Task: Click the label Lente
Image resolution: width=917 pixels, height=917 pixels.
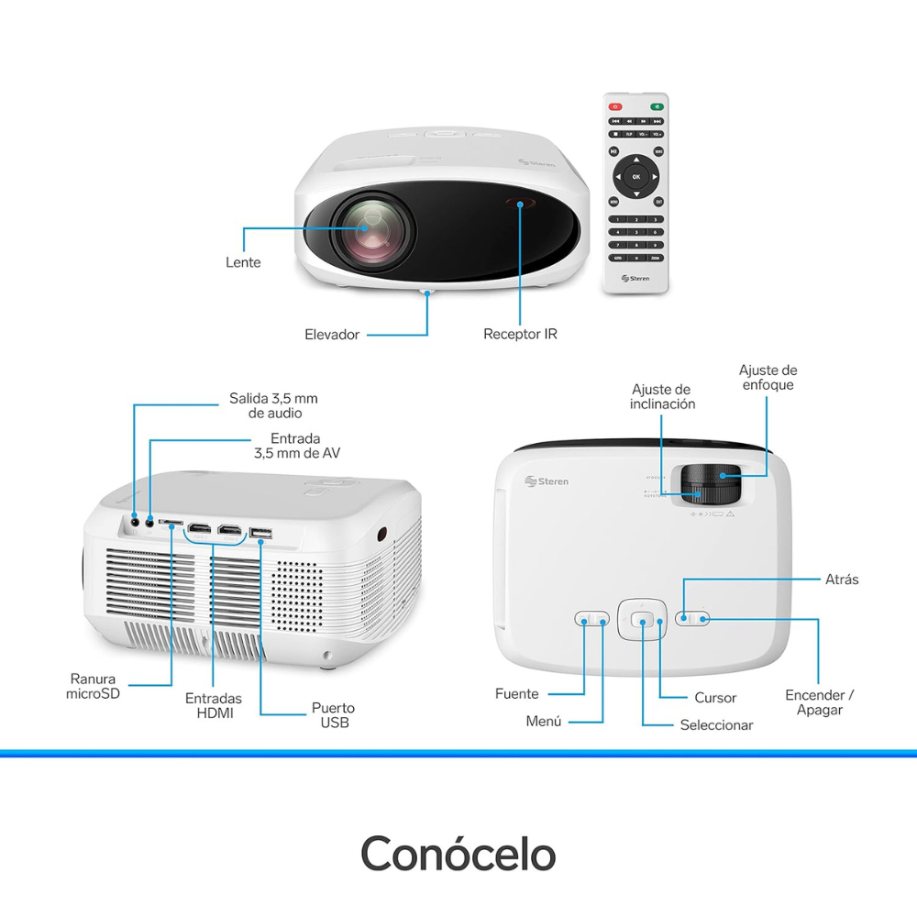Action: (243, 262)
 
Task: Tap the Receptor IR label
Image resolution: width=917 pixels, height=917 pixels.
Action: (520, 334)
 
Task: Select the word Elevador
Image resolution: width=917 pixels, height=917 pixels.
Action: (332, 335)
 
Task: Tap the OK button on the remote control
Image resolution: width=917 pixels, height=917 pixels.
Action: (635, 175)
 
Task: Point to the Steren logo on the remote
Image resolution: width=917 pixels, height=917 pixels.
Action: (635, 278)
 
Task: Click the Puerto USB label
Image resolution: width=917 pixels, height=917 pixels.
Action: (333, 715)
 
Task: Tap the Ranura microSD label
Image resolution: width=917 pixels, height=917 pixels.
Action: (93, 687)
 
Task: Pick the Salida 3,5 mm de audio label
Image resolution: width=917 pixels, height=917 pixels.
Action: (273, 405)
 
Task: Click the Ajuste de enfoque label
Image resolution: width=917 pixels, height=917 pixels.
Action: (768, 377)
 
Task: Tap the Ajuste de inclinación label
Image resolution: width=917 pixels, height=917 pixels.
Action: (662, 396)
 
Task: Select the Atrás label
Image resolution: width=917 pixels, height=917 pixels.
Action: (841, 580)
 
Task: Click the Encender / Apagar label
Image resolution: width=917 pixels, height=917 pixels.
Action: (819, 702)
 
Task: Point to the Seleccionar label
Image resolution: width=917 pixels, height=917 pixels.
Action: (716, 725)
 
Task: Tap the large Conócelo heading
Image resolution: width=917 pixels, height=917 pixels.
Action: (458, 853)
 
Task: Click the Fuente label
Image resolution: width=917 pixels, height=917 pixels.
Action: (516, 694)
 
